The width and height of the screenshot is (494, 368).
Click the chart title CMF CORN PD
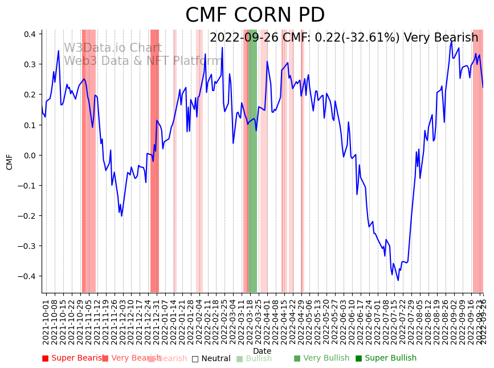coord(255,15)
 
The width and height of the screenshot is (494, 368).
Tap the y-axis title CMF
coord(10,161)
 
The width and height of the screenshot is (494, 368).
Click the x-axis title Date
coord(262,351)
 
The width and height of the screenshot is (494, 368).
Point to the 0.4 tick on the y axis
coord(29,34)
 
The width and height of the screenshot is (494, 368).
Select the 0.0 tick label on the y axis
coord(29,155)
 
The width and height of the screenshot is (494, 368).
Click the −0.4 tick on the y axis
coord(27,276)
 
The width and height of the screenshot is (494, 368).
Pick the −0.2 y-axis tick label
coord(27,216)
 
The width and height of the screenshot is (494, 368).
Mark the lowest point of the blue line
coord(398,280)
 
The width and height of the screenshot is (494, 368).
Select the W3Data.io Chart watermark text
coord(112,48)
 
